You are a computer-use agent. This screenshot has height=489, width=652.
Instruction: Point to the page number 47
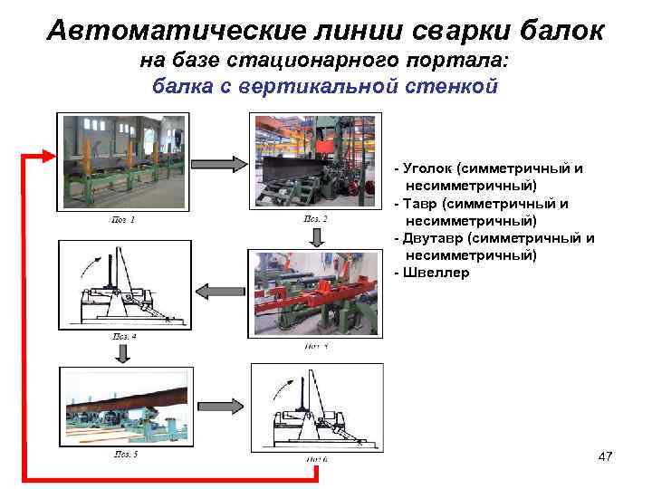click(605, 457)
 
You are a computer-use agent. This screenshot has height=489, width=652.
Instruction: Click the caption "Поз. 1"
click(123, 219)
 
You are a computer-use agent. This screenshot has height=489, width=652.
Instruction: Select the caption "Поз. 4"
click(123, 335)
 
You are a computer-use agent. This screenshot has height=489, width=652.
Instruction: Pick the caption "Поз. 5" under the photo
click(123, 453)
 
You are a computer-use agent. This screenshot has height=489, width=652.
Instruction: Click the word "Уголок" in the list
click(429, 168)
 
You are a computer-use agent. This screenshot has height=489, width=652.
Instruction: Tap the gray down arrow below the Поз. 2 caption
click(314, 236)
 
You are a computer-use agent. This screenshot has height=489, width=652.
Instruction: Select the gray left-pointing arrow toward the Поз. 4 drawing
click(215, 291)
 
